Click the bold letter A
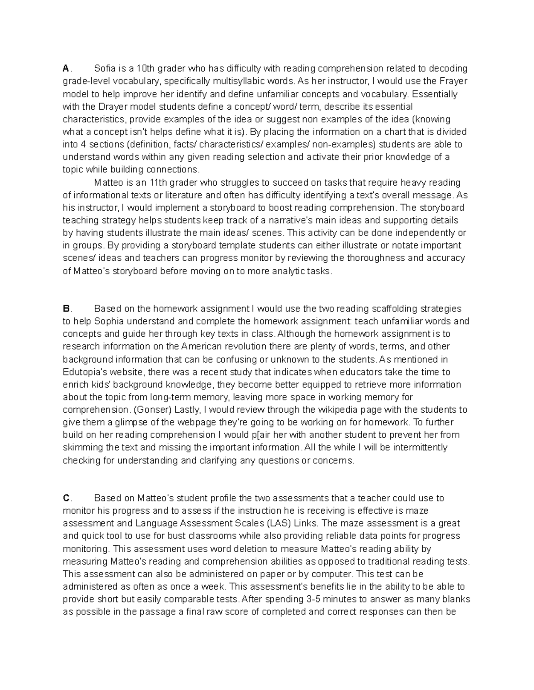(65, 68)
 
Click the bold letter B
(66, 308)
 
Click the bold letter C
(66, 498)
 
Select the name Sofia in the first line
(104, 68)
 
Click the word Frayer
(453, 81)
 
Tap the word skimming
(81, 447)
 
